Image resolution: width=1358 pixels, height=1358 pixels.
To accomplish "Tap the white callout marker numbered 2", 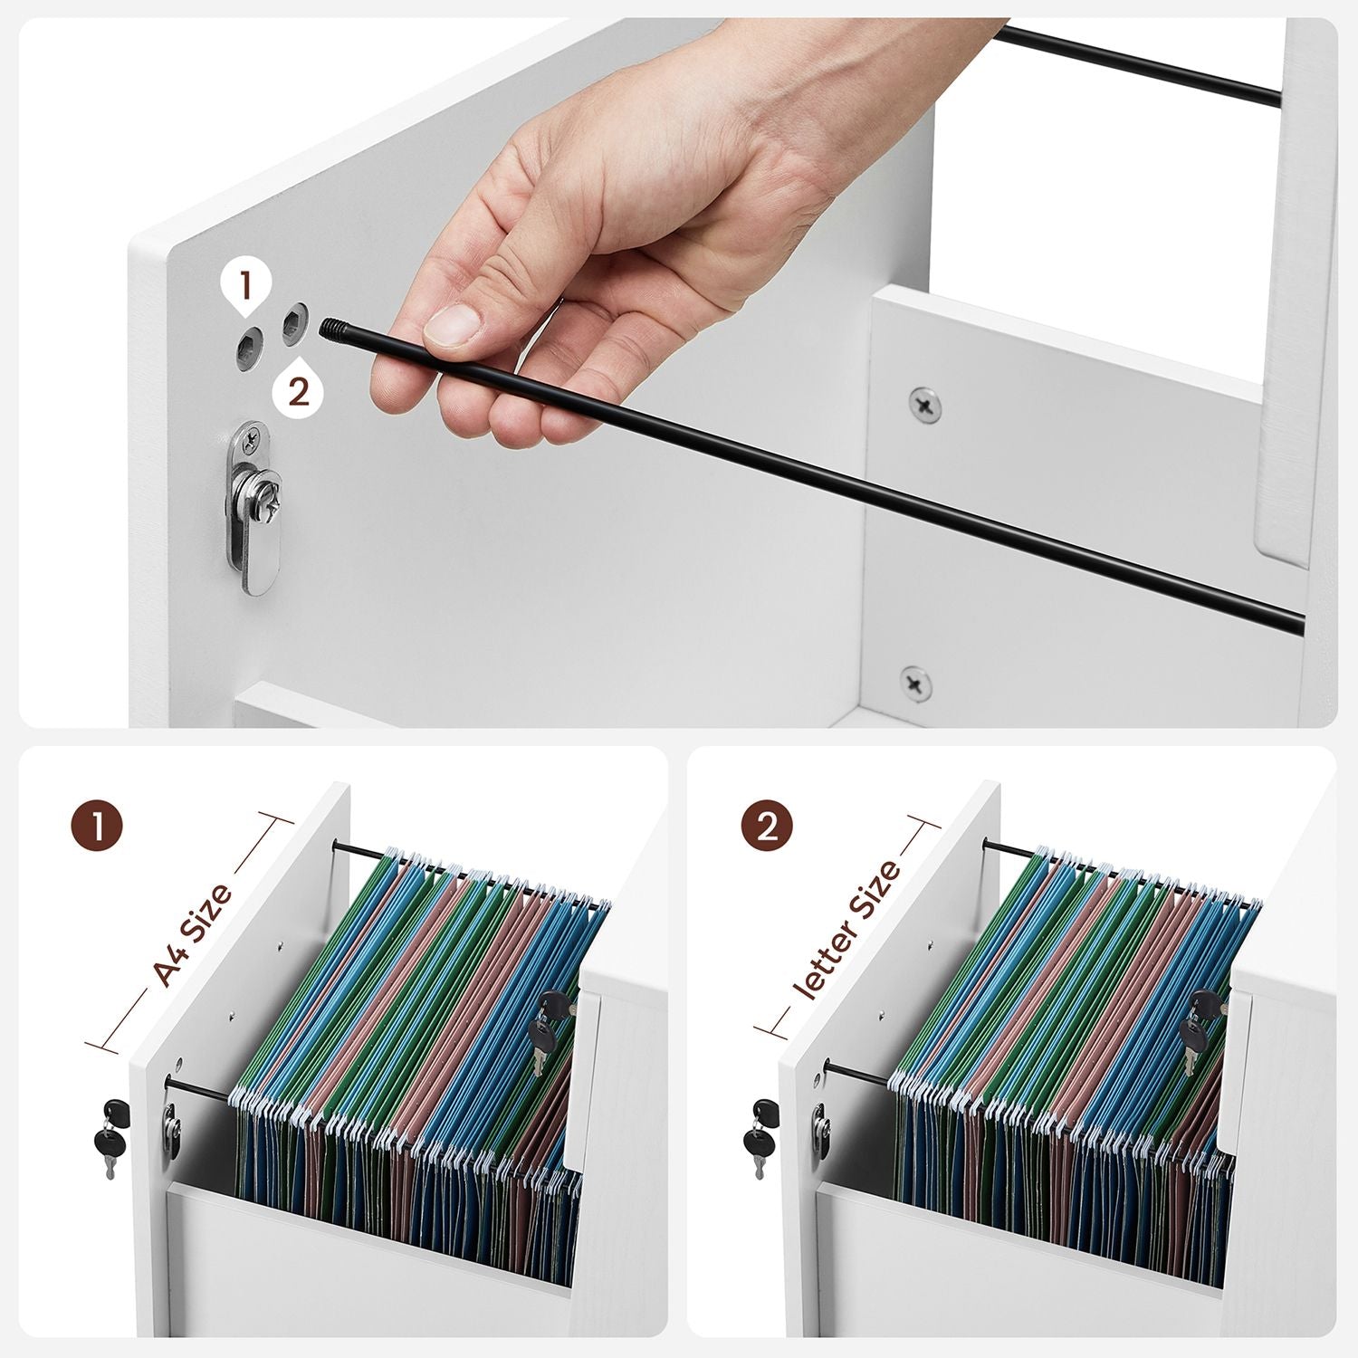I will click(298, 390).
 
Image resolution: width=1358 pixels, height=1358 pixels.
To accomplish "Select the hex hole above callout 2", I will click(295, 322).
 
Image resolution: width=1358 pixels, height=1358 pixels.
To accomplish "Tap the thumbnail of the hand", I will click(453, 324).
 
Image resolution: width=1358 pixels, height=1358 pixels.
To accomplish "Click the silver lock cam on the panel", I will click(253, 508).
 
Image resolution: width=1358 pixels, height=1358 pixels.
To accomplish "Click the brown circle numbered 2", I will click(767, 826).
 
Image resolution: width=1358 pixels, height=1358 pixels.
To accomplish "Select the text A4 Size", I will click(192, 933).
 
